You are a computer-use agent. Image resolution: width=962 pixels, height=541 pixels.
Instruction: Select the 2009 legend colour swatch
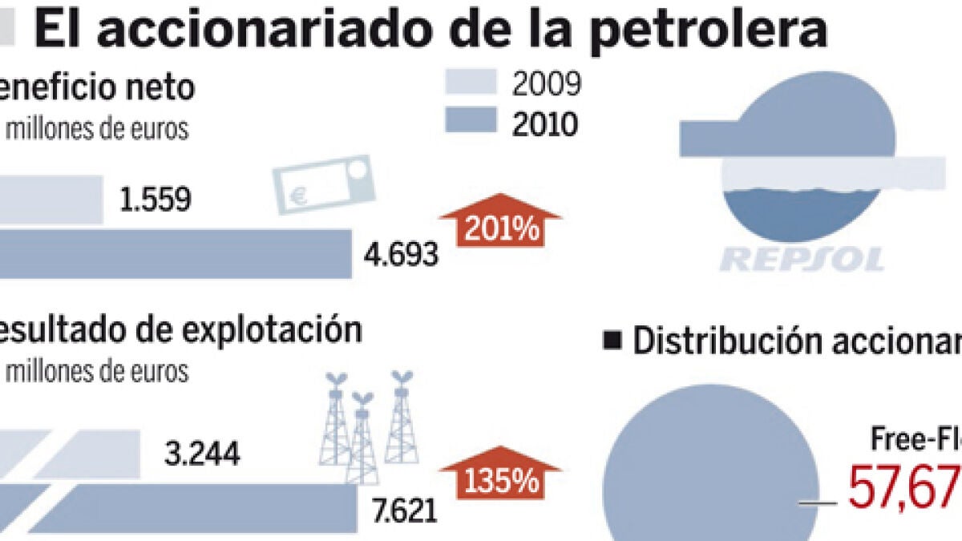click(x=472, y=83)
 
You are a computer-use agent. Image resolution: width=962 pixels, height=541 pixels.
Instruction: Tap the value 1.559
click(x=154, y=200)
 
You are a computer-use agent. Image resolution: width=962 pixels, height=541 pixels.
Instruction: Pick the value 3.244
click(x=201, y=454)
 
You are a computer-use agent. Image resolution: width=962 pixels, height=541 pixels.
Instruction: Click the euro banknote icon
click(x=324, y=185)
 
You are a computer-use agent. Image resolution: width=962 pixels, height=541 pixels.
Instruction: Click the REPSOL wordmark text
click(x=802, y=258)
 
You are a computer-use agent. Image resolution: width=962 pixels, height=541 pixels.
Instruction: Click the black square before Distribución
click(x=613, y=341)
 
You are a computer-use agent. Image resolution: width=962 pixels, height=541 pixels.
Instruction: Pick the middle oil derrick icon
click(x=362, y=437)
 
